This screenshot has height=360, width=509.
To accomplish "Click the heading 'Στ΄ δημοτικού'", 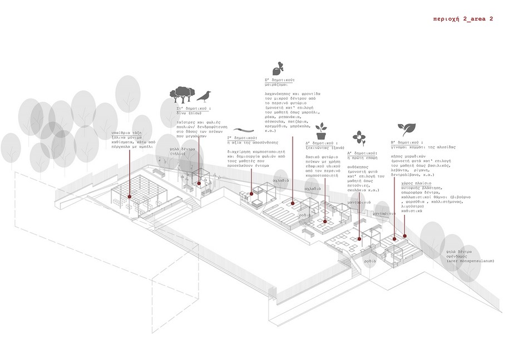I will [193, 107].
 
